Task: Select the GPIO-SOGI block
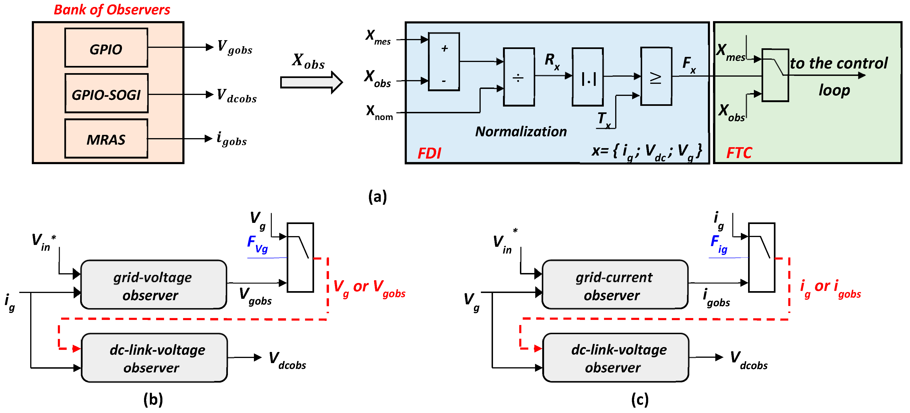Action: coord(106,94)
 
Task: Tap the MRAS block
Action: coord(106,139)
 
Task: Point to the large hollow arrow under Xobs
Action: coord(311,82)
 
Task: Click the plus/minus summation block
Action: coord(444,62)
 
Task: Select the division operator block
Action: coord(518,77)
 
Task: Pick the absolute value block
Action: coord(588,77)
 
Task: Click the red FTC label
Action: coord(739,153)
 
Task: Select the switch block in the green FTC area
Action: coord(775,75)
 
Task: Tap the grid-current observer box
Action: coord(615,285)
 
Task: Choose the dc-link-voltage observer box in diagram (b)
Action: coord(154,358)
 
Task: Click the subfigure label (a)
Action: coord(377,196)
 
